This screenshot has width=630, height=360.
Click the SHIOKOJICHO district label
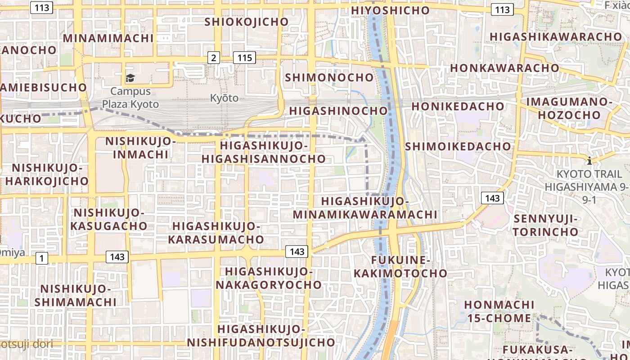pos(246,22)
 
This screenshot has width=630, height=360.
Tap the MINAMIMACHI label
pos(108,38)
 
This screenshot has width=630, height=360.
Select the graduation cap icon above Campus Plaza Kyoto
pos(130,78)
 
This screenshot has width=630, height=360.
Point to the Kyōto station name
pos(224,98)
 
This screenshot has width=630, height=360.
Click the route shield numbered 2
pos(213,58)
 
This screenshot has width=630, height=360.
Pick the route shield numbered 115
pos(244,58)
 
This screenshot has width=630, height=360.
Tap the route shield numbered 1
pos(41,258)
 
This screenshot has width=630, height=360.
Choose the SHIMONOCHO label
pos(329,77)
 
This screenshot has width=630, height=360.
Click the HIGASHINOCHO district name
pos(338,111)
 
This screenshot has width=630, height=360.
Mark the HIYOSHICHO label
pos(391,10)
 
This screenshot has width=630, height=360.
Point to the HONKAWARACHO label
pos(504,68)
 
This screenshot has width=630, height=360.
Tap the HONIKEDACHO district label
pos(458,106)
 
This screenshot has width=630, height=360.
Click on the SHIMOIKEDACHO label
pos(458,146)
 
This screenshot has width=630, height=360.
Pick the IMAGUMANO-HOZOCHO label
pos(569,108)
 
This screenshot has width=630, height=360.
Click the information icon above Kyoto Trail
pos(589,161)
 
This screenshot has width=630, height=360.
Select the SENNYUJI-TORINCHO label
pos(546,225)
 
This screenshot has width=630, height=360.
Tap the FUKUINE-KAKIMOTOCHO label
pos(400,266)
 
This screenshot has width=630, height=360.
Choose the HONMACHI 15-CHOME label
pos(499,311)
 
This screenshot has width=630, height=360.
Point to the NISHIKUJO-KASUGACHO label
pos(109,219)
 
